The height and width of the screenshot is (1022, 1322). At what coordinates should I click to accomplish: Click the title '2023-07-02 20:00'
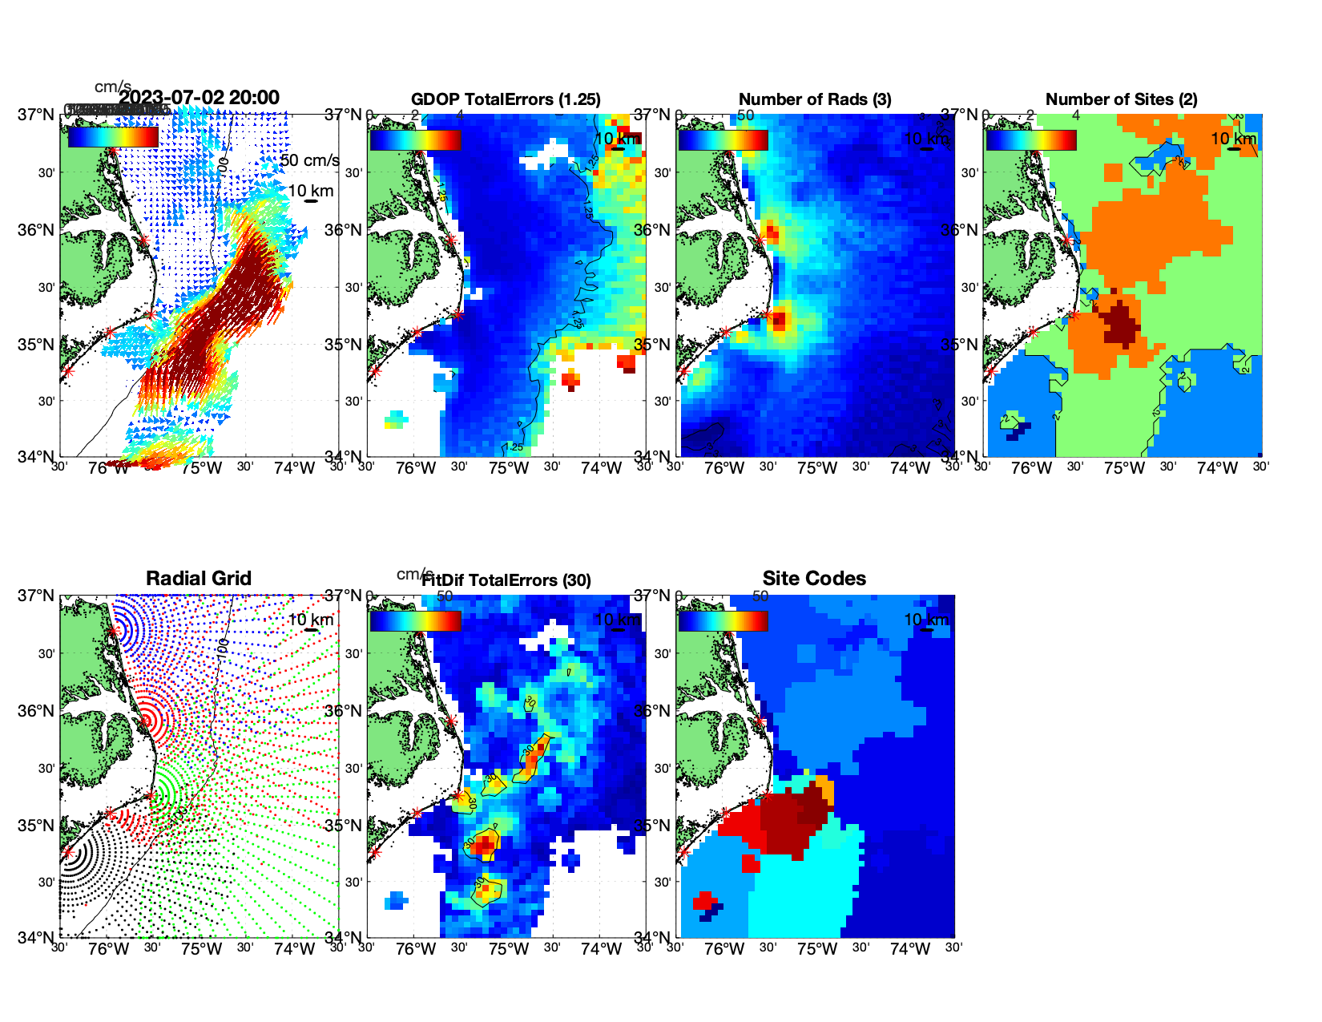pyautogui.click(x=199, y=98)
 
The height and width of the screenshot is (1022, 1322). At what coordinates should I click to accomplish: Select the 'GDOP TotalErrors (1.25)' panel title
pyautogui.click(x=506, y=99)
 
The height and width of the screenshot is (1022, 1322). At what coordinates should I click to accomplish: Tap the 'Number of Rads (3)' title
pyautogui.click(x=815, y=99)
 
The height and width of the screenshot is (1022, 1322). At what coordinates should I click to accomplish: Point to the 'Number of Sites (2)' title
pyautogui.click(x=1121, y=99)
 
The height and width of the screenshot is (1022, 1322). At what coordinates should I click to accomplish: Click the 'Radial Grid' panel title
pyautogui.click(x=199, y=579)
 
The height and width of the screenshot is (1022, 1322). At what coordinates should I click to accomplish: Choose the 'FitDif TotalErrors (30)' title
pyautogui.click(x=506, y=580)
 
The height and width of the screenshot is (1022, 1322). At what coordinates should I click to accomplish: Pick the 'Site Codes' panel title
pyautogui.click(x=814, y=579)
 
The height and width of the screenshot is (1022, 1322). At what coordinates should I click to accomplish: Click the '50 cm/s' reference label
pyautogui.click(x=309, y=160)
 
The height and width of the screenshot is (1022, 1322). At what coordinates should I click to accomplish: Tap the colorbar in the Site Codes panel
pyautogui.click(x=723, y=621)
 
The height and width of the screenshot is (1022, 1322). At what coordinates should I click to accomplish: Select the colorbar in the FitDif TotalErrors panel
pyautogui.click(x=415, y=621)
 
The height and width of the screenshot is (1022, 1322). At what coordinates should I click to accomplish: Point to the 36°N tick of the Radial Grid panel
pyautogui.click(x=37, y=711)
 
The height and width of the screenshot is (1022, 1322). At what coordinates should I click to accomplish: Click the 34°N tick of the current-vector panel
pyautogui.click(x=37, y=457)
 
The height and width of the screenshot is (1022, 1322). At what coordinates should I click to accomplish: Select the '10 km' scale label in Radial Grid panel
pyautogui.click(x=310, y=620)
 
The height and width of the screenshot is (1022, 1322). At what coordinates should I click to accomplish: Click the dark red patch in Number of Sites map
pyautogui.click(x=1121, y=323)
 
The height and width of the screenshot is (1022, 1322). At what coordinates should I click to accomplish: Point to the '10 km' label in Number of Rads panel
pyautogui.click(x=925, y=139)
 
